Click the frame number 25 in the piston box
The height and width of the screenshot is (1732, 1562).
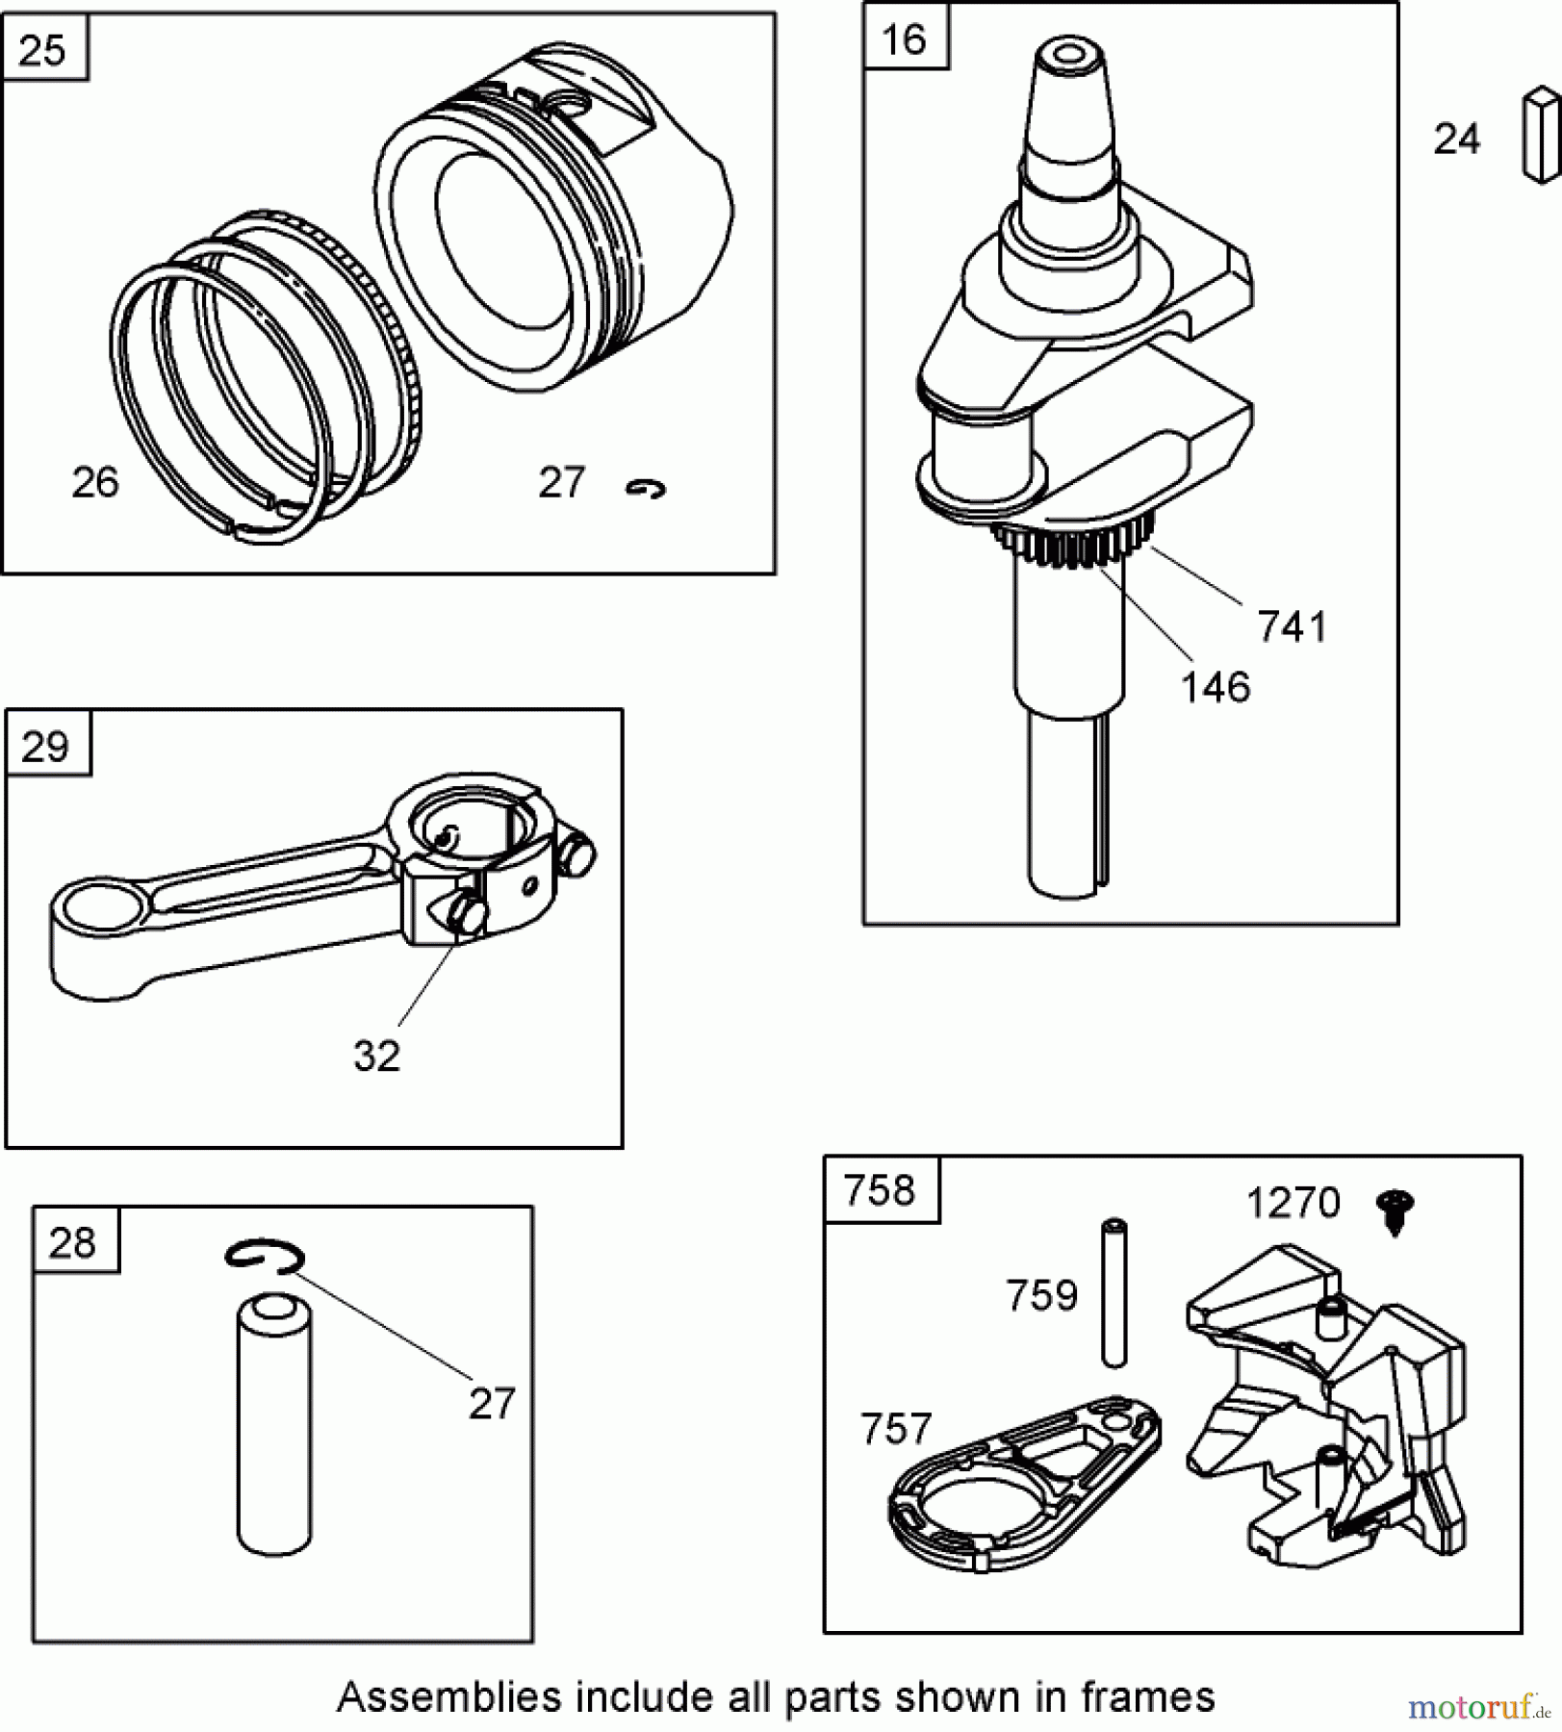pyautogui.click(x=42, y=50)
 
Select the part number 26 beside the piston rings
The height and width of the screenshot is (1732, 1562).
pyautogui.click(x=95, y=482)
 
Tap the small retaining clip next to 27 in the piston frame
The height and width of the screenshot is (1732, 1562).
pyautogui.click(x=645, y=490)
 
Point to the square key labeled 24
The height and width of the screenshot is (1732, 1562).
pyautogui.click(x=1540, y=135)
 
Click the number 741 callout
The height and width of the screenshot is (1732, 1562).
pyautogui.click(x=1292, y=627)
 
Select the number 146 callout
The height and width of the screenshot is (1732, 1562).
pyautogui.click(x=1215, y=688)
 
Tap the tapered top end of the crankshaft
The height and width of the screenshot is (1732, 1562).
pyautogui.click(x=1068, y=96)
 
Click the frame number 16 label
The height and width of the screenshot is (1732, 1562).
pyautogui.click(x=904, y=39)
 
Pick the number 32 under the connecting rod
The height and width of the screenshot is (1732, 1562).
pyautogui.click(x=376, y=1057)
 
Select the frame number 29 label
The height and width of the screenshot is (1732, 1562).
pyautogui.click(x=45, y=747)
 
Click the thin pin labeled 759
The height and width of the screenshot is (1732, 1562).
pyautogui.click(x=1114, y=1292)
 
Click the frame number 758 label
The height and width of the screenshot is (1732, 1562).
pyautogui.click(x=879, y=1191)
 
